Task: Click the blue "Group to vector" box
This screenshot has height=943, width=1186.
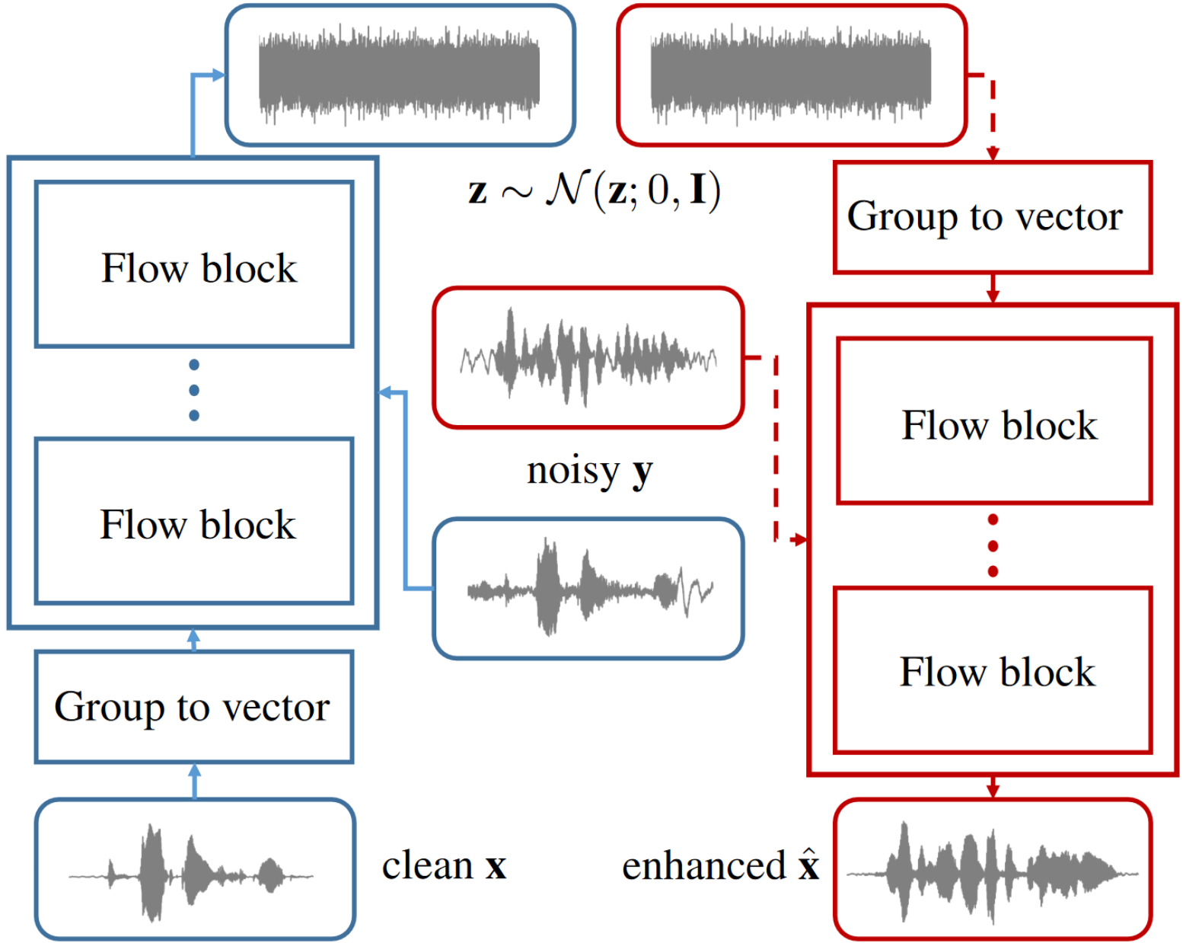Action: click(194, 707)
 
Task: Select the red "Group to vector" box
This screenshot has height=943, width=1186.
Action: click(992, 217)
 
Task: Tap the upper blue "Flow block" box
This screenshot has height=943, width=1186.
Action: click(194, 264)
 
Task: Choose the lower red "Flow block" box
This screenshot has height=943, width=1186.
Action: click(993, 670)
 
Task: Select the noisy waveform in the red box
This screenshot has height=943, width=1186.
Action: click(588, 357)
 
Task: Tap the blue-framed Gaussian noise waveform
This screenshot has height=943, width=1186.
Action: click(400, 75)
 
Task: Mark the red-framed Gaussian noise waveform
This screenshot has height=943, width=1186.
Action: click(792, 75)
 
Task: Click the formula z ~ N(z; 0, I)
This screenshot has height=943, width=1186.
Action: click(595, 190)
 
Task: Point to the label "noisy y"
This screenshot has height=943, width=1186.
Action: click(590, 471)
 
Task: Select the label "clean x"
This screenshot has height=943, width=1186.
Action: click(444, 866)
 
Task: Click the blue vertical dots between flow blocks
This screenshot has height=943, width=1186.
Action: click(194, 390)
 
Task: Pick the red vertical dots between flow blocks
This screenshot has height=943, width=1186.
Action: click(993, 545)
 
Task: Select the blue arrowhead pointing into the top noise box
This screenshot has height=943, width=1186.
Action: click(218, 75)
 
